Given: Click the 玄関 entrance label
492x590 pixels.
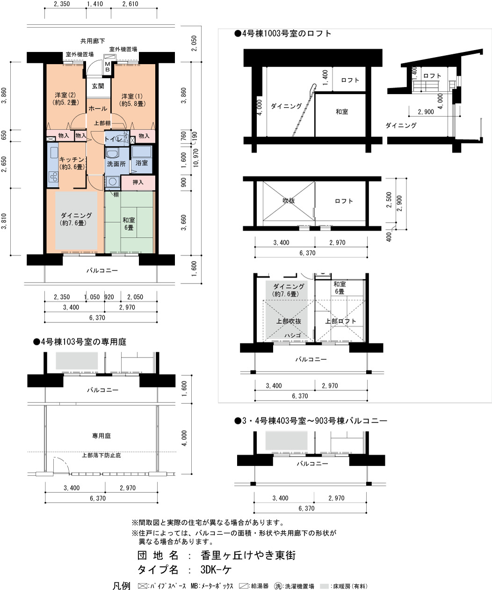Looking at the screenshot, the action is tap(98, 86).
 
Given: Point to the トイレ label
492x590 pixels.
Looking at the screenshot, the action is tap(113, 139).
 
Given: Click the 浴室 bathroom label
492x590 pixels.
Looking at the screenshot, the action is tap(142, 163).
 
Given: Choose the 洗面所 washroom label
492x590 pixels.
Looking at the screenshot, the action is tap(116, 164).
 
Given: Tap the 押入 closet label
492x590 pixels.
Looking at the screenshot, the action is tap(138, 182).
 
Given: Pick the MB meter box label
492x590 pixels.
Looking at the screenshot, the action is tap(107, 66).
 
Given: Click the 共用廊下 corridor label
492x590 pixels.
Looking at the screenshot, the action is tap(93, 41).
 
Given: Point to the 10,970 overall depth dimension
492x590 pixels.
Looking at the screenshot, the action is tap(196, 158).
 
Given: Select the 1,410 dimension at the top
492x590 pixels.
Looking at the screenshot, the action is tap(95, 4).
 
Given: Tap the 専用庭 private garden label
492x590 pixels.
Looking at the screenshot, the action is tap(101, 436).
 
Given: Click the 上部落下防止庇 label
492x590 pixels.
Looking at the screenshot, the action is tap(101, 455).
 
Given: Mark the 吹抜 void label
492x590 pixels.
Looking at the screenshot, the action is tap(289, 200).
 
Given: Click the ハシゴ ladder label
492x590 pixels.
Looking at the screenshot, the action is tap(293, 335).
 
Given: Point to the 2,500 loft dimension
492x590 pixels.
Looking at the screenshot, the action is tap(389, 200).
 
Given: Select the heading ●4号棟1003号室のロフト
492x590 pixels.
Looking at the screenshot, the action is tap(283, 33).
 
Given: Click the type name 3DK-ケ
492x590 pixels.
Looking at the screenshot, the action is tap(216, 570).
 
